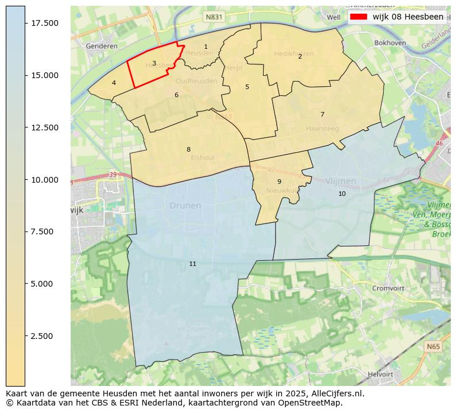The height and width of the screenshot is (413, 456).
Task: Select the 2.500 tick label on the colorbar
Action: (44, 336)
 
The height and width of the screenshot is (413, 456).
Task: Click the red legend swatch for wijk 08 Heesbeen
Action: (359, 17)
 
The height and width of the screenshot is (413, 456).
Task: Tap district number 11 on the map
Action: (192, 264)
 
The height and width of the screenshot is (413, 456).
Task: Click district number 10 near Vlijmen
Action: (342, 194)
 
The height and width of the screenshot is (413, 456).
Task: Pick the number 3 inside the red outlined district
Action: (154, 63)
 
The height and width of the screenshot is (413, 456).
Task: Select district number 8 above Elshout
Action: (188, 149)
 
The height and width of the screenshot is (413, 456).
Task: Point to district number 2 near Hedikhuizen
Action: (300, 56)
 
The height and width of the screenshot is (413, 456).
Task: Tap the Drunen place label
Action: (185, 206)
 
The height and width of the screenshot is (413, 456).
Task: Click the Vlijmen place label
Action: (341, 181)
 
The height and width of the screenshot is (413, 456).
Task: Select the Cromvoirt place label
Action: (389, 288)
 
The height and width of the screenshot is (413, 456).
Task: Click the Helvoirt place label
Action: (384, 374)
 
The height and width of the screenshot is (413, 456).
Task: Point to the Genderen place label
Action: (102, 46)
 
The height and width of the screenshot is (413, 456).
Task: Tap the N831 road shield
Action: (213, 18)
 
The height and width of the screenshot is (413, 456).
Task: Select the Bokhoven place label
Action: (390, 43)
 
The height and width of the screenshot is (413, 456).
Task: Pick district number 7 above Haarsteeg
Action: (322, 114)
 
